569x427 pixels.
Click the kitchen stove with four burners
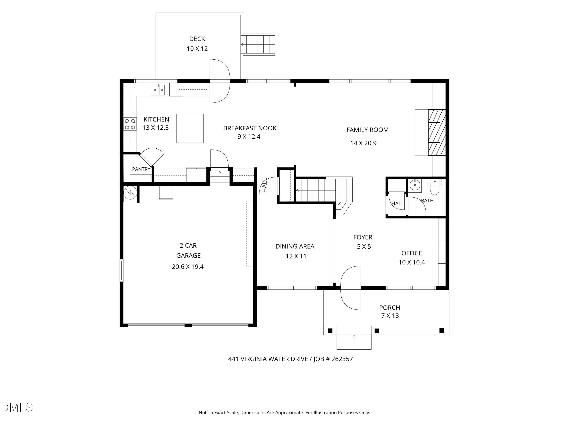click(x=130, y=124)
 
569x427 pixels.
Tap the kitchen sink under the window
click(x=157, y=90)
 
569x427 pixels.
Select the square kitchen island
click(x=190, y=128)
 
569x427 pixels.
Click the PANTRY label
click(x=141, y=169)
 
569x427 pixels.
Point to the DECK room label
click(x=197, y=39)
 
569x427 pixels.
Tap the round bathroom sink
click(x=415, y=184)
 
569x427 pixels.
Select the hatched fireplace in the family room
click(x=437, y=132)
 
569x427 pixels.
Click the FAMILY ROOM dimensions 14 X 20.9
click(x=363, y=143)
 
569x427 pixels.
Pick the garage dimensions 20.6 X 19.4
click(x=188, y=267)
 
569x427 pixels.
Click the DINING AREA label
click(x=295, y=246)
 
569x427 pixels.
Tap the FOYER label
click(x=363, y=237)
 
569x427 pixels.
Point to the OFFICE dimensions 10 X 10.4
click(x=412, y=262)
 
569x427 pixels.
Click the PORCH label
click(x=389, y=308)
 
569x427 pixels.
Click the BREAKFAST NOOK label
click(x=250, y=128)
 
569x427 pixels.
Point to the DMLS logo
click(x=17, y=407)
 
